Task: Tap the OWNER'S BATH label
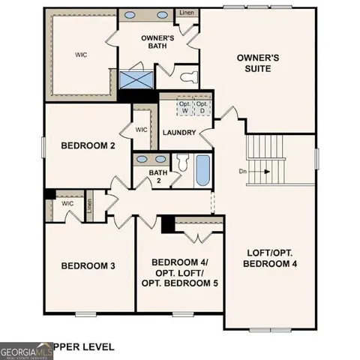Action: pos(157,43)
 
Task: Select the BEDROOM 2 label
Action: pos(87,146)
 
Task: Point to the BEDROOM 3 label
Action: pos(88,265)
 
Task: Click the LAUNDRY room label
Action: pos(179,133)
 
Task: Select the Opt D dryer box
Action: pos(202,108)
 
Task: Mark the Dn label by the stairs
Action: pos(243,171)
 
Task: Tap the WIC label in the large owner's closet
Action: pos(81,55)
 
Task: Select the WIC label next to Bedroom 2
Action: pos(142,129)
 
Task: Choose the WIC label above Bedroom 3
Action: pos(67,202)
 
